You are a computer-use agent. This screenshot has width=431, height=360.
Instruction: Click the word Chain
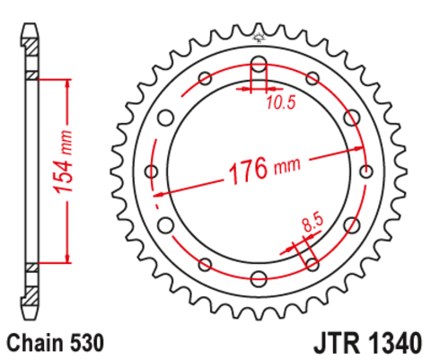point(31,343)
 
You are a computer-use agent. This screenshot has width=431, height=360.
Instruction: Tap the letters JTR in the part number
point(334,343)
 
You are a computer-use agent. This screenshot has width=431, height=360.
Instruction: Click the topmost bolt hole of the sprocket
point(259,65)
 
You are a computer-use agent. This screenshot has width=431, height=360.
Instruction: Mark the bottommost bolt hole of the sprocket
point(259,277)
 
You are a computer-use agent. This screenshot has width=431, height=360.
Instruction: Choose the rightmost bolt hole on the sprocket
point(365,171)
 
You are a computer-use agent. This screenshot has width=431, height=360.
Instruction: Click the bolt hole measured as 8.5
point(312,262)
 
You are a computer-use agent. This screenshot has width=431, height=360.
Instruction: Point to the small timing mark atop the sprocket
point(259,39)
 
